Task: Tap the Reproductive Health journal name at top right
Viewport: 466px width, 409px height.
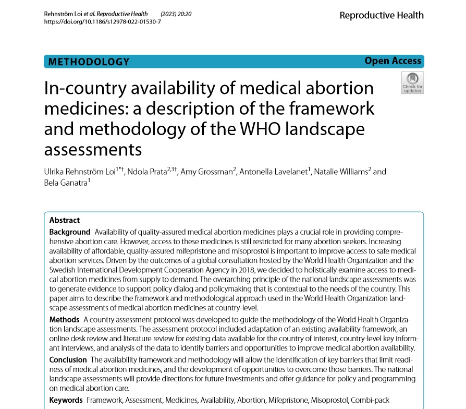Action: [x=382, y=15]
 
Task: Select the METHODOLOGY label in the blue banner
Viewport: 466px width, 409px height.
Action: [x=89, y=62]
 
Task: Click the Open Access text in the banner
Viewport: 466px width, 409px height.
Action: [x=393, y=61]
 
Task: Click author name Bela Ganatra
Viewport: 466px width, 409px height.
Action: [x=64, y=182]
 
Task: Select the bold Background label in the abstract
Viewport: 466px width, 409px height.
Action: [x=70, y=231]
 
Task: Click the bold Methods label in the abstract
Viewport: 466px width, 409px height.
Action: [x=64, y=319]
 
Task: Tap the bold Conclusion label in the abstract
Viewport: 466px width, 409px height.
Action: [x=68, y=360]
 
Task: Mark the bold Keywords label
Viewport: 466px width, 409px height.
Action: [x=66, y=400]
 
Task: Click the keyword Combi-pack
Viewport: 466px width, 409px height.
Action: [x=372, y=400]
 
